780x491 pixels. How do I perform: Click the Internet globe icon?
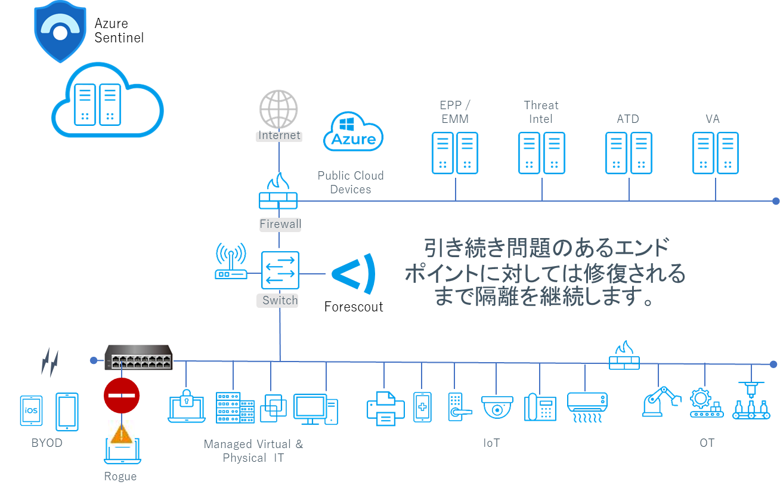pos(278,109)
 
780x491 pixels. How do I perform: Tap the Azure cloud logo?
pos(353,132)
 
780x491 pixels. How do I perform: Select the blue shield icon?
pos(60,29)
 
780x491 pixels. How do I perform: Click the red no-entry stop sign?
pos(122,395)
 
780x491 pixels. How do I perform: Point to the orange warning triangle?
pos(122,434)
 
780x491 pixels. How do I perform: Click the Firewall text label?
pos(280,224)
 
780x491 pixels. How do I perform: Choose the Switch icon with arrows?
pos(280,271)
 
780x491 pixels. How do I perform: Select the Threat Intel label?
pos(541,112)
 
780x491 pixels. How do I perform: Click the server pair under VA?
pos(715,153)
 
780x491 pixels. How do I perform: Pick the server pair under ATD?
pos(629,153)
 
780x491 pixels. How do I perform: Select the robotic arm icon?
pos(661,401)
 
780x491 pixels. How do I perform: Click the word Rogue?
pos(120,476)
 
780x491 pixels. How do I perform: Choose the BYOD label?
pos(47,443)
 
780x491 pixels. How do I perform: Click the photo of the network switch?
pos(138,357)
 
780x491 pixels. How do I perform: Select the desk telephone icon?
pos(540,407)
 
